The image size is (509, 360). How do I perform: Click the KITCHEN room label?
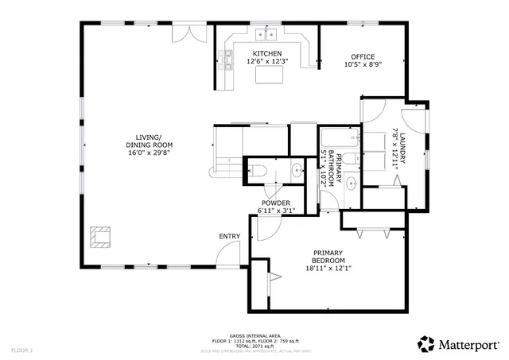pos(267,53)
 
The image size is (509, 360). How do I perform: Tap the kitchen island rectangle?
pos(269,75)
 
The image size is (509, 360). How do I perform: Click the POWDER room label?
pos(275,203)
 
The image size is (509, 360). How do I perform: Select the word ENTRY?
pos(230,236)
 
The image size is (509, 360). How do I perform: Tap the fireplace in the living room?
pos(101,236)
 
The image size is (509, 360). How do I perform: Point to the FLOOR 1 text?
pos(21,350)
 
